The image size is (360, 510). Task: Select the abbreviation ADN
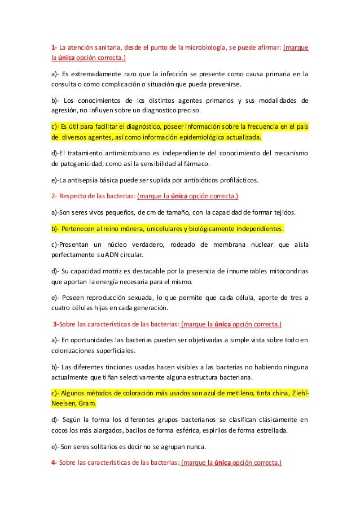pyautogui.click(x=110, y=255)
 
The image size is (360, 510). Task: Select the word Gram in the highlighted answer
pyautogui.click(x=87, y=404)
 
